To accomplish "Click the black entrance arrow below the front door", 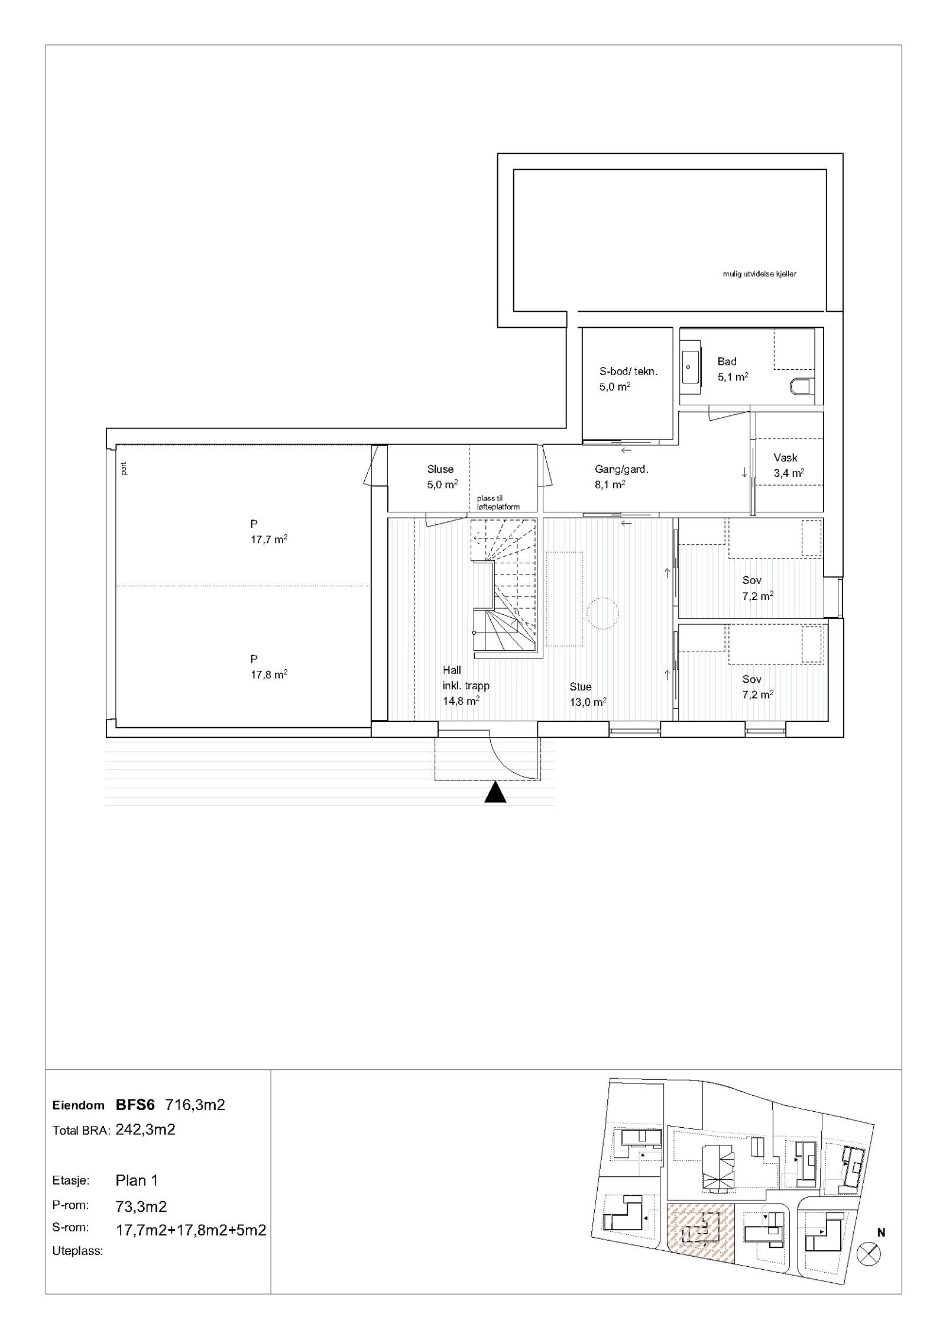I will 495,792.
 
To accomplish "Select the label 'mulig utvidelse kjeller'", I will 759,274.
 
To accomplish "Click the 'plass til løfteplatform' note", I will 498,502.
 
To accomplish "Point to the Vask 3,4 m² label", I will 788,465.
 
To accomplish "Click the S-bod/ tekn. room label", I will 627,379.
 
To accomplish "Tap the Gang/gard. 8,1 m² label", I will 621,476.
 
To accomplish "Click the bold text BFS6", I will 135,1104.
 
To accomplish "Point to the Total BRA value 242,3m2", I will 145,1130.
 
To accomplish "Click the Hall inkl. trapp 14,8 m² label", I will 466,686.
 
